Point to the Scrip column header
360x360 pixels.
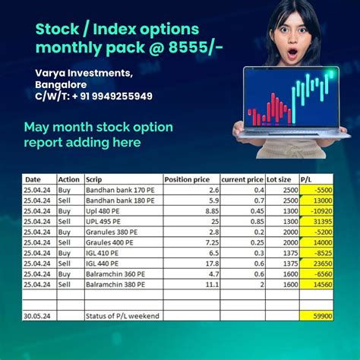click(95, 179)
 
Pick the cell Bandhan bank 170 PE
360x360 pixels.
click(119, 190)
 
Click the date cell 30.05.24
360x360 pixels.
click(37, 315)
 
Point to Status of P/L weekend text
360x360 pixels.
click(125, 315)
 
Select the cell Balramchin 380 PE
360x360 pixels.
click(119, 283)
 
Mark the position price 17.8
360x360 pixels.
click(213, 263)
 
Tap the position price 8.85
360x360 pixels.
click(212, 210)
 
